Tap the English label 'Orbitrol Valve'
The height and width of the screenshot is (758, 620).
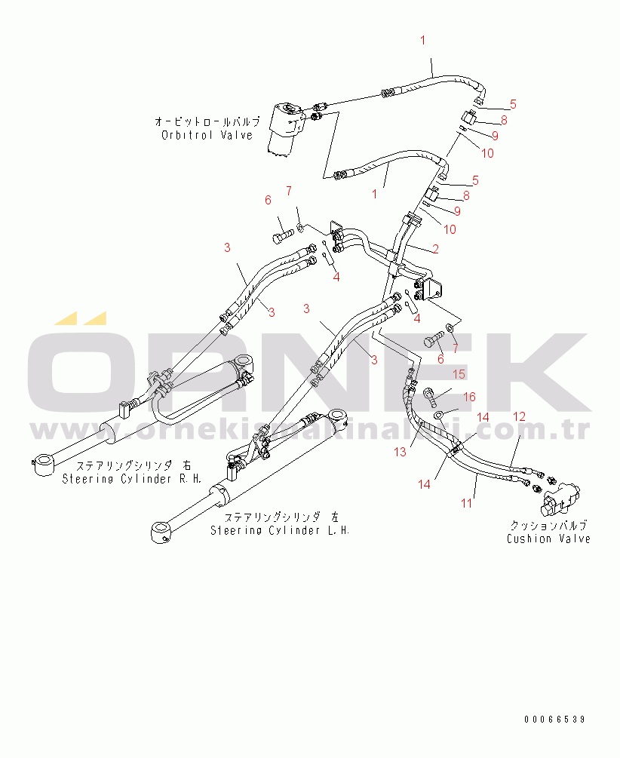coord(207,135)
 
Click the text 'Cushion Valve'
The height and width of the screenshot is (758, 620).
coord(548,539)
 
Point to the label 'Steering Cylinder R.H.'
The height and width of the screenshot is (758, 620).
coord(117,479)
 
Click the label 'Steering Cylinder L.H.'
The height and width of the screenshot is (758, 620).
coord(280,530)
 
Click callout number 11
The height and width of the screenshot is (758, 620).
coord(468,502)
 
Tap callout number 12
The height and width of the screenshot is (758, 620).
coord(520,416)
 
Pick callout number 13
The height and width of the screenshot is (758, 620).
coord(400,452)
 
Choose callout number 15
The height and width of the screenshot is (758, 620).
coord(459,373)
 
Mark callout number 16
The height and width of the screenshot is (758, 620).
coord(469,396)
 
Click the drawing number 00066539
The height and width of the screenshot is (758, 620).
coord(557,720)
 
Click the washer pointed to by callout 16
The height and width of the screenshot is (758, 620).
coord(439,416)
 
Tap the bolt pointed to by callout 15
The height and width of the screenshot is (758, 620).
coord(431,394)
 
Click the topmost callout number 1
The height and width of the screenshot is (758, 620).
coord(423,39)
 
